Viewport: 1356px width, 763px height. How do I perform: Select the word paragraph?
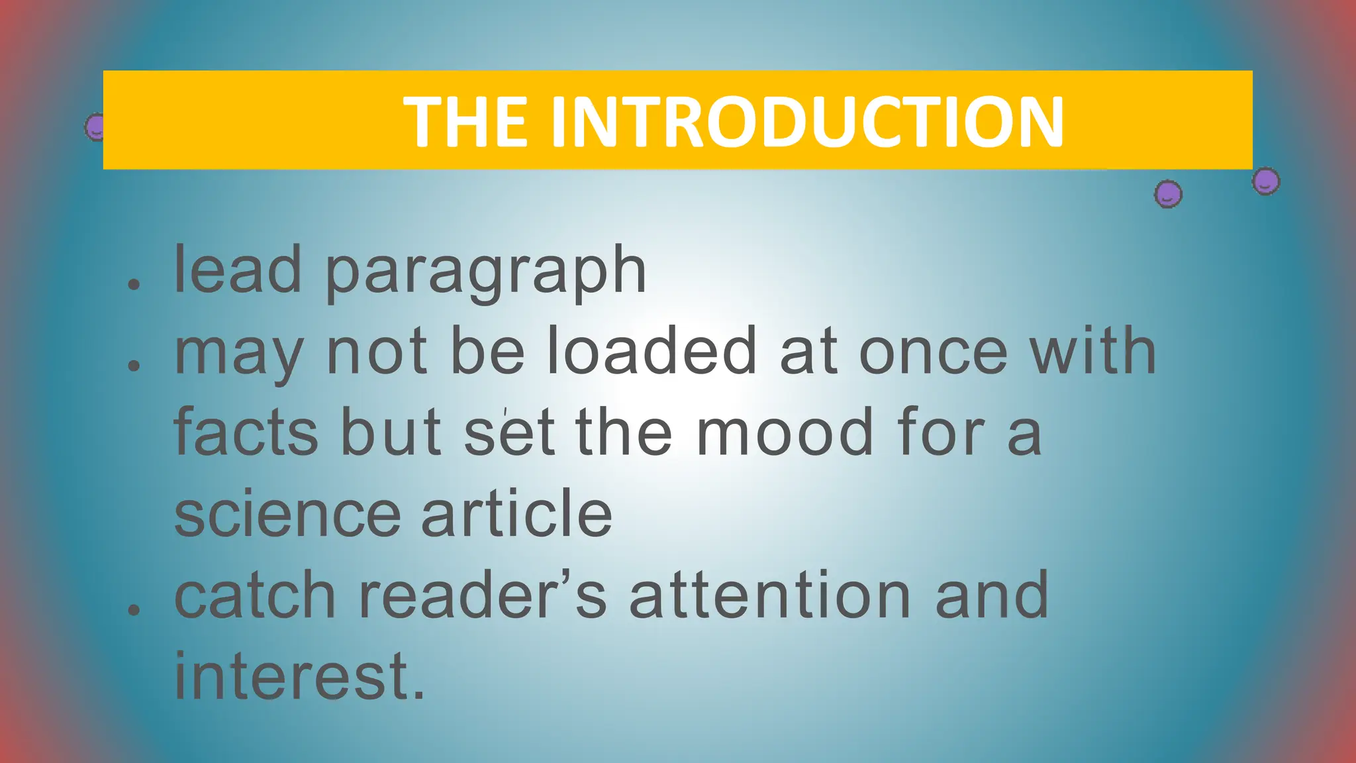[x=485, y=272]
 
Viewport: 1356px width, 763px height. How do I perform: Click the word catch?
[x=255, y=595]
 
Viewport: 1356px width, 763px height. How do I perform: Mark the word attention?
[x=770, y=595]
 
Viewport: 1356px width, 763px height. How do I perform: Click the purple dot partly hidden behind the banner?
[x=95, y=126]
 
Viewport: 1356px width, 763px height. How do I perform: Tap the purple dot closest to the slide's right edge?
[x=1265, y=181]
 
